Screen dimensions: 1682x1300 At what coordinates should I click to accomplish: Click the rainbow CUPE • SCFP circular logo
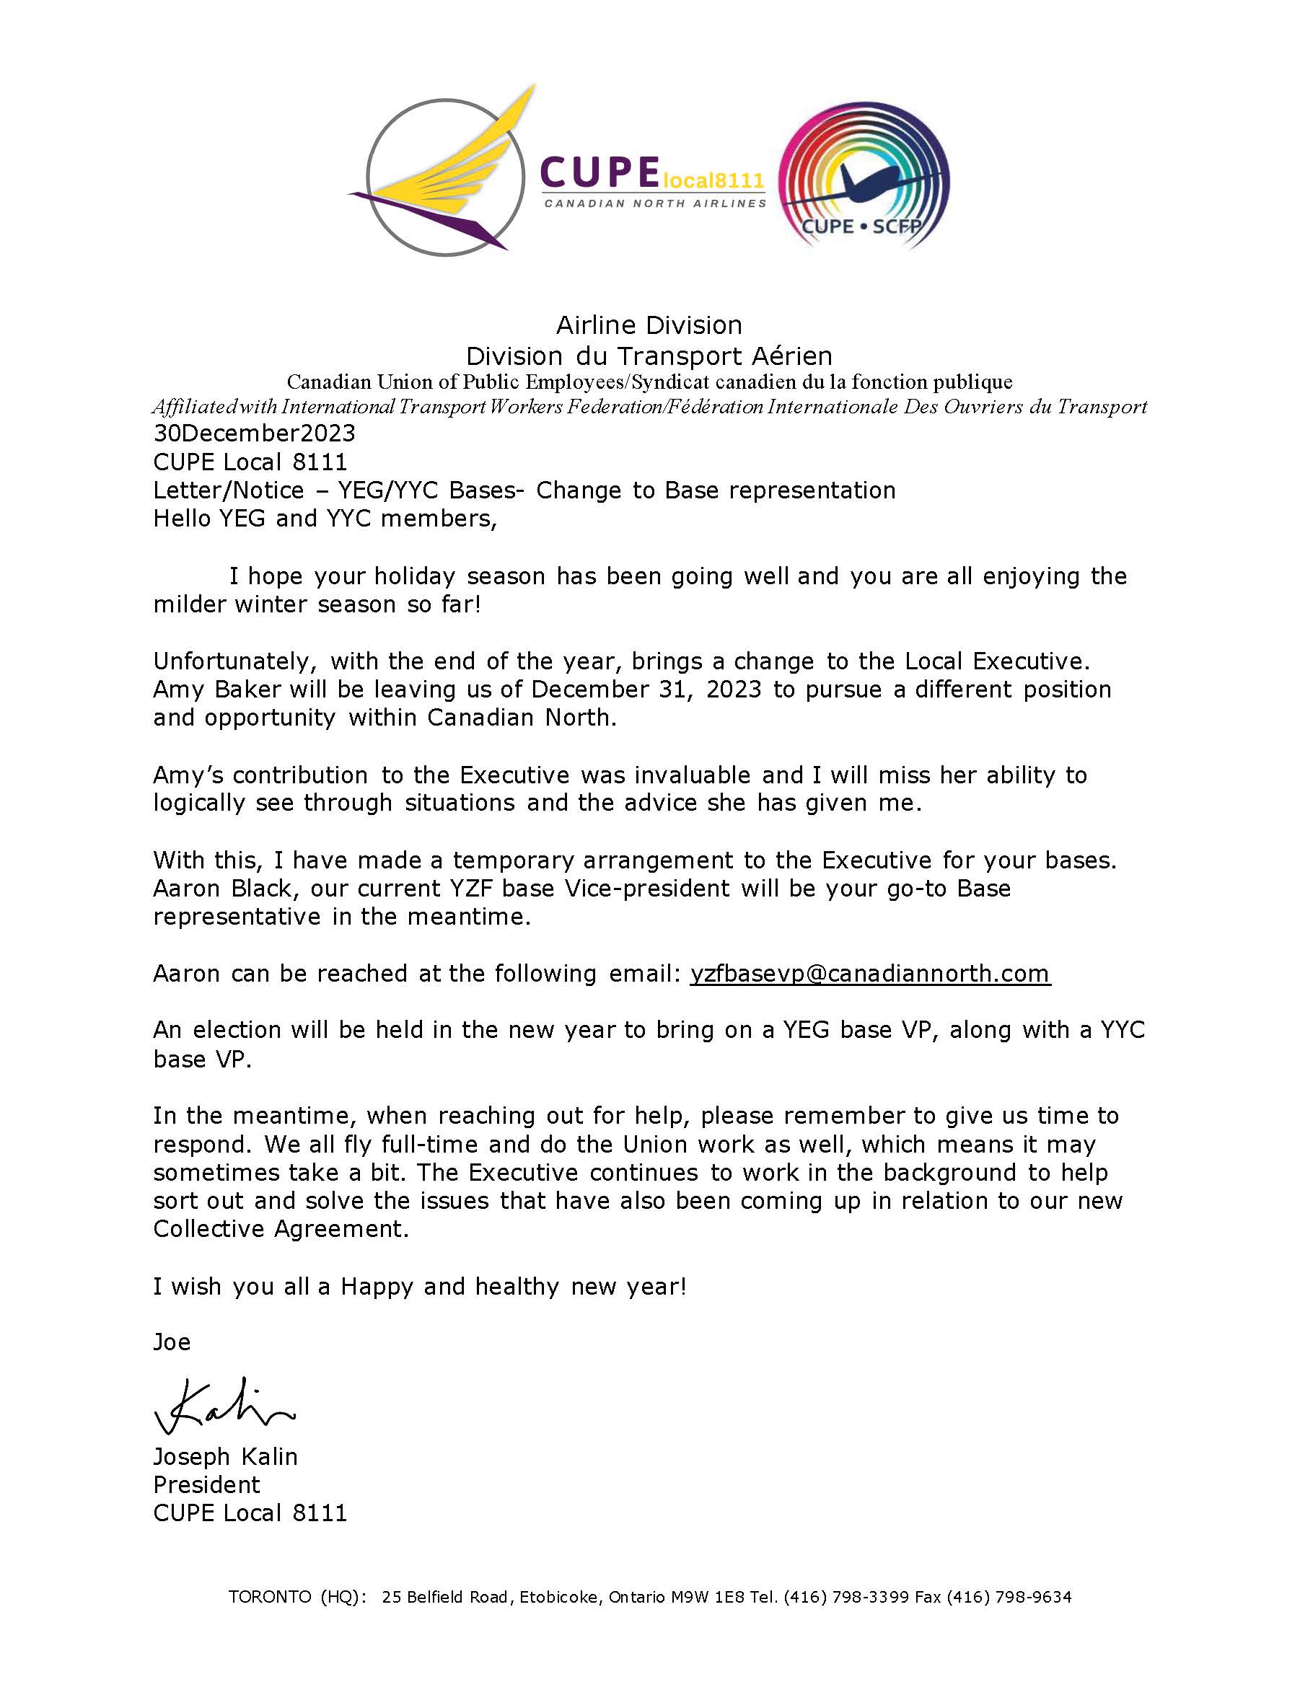pos(864,179)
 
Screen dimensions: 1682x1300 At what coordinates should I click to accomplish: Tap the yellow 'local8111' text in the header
pos(712,181)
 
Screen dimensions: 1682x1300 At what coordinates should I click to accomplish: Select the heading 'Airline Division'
pos(649,325)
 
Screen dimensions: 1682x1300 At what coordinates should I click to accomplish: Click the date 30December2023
pos(254,433)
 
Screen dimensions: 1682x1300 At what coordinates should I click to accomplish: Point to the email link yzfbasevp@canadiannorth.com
pos(870,974)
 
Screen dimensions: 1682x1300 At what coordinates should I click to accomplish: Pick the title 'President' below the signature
pos(206,1485)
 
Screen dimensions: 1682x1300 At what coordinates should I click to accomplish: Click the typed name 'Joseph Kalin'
pos(225,1457)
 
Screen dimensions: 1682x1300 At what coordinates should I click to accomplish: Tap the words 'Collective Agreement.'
pos(281,1229)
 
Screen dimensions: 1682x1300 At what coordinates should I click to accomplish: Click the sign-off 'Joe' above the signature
pos(172,1342)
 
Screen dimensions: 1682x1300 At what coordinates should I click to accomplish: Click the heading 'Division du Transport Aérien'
pos(649,356)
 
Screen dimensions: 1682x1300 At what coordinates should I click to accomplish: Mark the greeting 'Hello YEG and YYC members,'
pos(325,519)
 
